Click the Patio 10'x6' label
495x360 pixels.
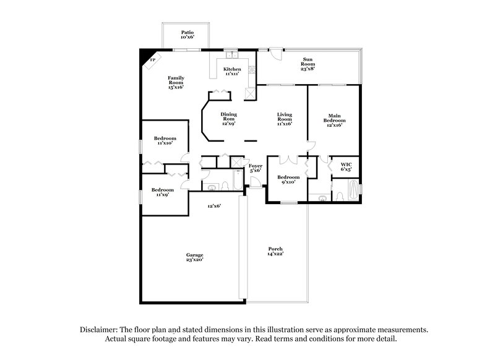(187, 34)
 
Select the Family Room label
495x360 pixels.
(176, 82)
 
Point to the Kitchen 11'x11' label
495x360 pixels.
(232, 71)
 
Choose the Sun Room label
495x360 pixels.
(308, 64)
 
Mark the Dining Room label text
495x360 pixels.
(229, 119)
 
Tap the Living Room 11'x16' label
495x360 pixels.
(285, 119)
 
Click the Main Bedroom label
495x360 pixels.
(334, 119)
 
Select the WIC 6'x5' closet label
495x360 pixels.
(346, 166)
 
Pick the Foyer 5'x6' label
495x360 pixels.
(256, 168)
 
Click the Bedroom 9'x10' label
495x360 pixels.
(288, 179)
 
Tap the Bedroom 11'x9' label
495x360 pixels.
(163, 192)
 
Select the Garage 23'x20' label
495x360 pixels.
(195, 257)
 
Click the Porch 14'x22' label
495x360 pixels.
(275, 251)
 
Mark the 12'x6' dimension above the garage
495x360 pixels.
(213, 205)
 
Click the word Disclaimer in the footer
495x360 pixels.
(99, 330)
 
